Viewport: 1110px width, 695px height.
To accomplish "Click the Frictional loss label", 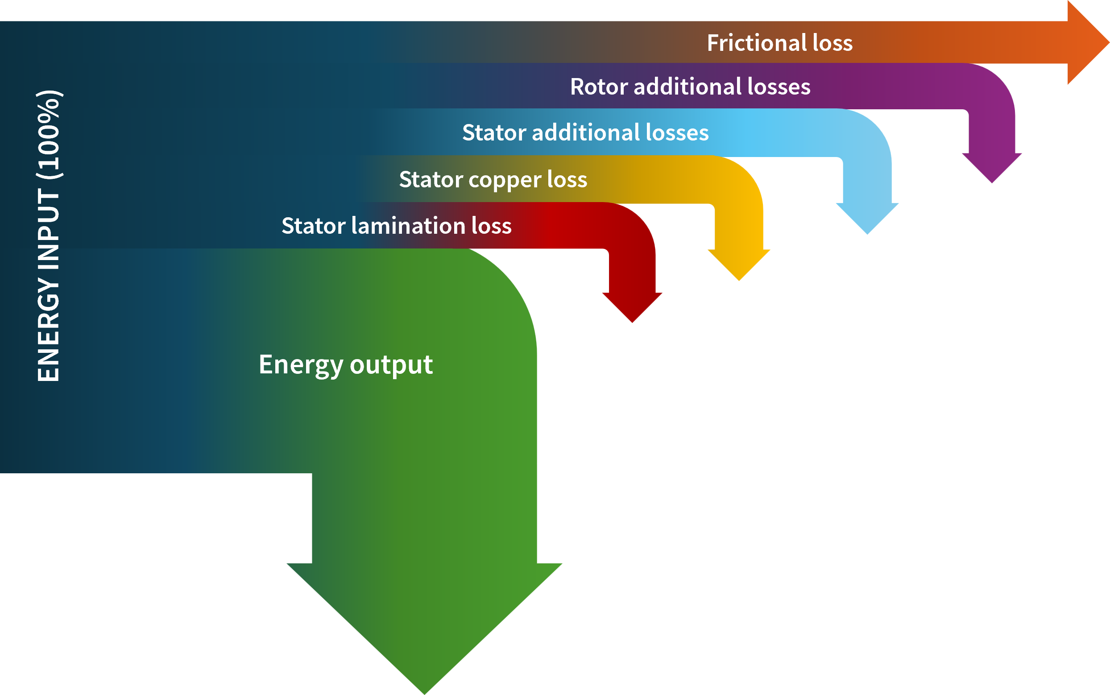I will point(779,43).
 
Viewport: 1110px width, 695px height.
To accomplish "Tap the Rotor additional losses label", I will point(690,87).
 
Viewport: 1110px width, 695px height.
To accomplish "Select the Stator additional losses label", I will point(585,132).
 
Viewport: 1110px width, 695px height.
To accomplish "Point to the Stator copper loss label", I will point(493,179).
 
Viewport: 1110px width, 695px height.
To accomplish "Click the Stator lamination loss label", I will point(396,226).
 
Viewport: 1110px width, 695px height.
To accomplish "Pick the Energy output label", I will point(346,364).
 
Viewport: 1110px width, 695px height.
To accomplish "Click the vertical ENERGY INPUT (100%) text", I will point(48,236).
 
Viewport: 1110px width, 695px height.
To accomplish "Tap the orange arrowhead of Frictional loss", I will point(1087,43).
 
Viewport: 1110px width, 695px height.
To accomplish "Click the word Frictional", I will point(756,43).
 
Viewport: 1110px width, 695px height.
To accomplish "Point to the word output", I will point(391,365).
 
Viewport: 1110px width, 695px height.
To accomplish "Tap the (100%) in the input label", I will point(48,134).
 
